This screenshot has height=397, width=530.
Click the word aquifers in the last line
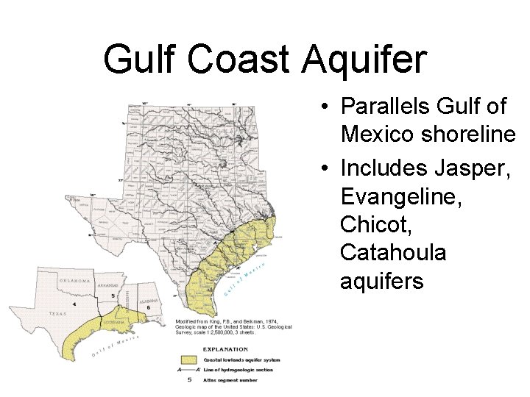pyautogui.click(x=382, y=281)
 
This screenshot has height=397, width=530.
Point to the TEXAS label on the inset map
pyautogui.click(x=57, y=312)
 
